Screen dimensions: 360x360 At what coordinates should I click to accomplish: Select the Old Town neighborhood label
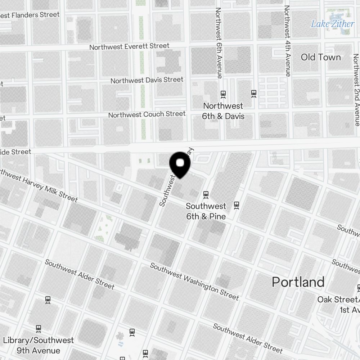click(x=320, y=57)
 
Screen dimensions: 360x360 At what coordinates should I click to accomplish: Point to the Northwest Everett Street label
click(x=129, y=47)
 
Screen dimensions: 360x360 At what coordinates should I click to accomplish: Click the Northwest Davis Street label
click(x=147, y=80)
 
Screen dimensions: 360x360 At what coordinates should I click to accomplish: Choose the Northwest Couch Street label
click(x=147, y=114)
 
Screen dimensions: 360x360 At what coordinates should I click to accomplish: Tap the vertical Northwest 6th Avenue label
click(x=219, y=42)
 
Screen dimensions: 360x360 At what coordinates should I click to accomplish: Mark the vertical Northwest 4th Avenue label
click(x=287, y=41)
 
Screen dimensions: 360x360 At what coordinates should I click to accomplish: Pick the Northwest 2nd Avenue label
click(x=356, y=90)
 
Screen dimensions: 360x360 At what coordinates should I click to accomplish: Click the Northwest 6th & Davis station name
click(x=223, y=111)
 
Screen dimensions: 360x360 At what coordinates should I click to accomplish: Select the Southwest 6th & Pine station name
click(x=206, y=211)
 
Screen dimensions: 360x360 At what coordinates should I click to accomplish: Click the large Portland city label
click(x=298, y=282)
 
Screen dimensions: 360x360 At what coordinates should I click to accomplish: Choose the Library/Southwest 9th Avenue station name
click(x=38, y=345)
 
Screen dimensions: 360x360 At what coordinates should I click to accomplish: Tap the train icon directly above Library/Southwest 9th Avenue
click(x=39, y=328)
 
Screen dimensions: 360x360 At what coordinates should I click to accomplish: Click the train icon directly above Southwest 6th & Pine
click(x=206, y=195)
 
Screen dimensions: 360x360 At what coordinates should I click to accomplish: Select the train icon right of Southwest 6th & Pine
click(x=237, y=205)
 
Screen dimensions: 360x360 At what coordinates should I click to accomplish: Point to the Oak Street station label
click(x=338, y=304)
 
